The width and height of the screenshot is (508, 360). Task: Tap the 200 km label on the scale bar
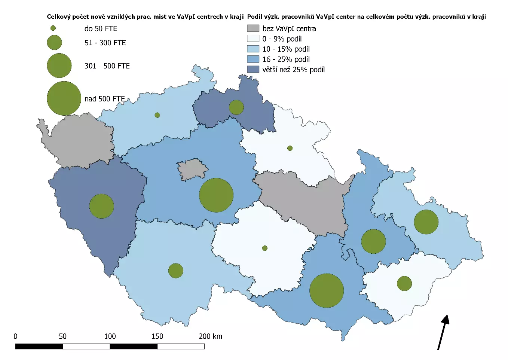[x=210, y=336]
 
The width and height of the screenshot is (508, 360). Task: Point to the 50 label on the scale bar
[x=62, y=336]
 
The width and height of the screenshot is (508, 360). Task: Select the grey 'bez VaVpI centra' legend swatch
[x=253, y=28]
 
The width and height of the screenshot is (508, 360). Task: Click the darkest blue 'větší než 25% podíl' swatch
[x=253, y=69]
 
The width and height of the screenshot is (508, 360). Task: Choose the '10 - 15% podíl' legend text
[x=286, y=49]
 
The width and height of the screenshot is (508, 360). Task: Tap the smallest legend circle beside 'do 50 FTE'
[x=53, y=28]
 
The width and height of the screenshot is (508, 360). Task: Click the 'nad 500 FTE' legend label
[x=104, y=99]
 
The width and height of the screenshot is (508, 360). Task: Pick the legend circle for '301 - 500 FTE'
[x=59, y=65]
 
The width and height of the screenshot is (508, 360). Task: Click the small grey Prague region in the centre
[x=192, y=169]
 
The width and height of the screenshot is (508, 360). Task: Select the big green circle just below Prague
[x=216, y=195]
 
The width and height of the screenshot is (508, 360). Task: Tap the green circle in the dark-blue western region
[x=101, y=206]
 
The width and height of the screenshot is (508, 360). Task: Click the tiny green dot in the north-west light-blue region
[x=157, y=115]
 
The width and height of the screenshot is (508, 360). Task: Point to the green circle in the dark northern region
[x=236, y=107]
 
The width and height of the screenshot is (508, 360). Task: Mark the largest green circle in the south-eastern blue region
[x=327, y=290]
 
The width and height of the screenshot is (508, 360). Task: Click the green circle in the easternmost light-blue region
[x=426, y=222]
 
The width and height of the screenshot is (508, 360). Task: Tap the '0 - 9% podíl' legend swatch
[x=253, y=39]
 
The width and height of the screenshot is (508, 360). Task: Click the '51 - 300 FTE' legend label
[x=105, y=43]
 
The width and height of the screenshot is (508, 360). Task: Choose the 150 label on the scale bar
[x=157, y=336]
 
